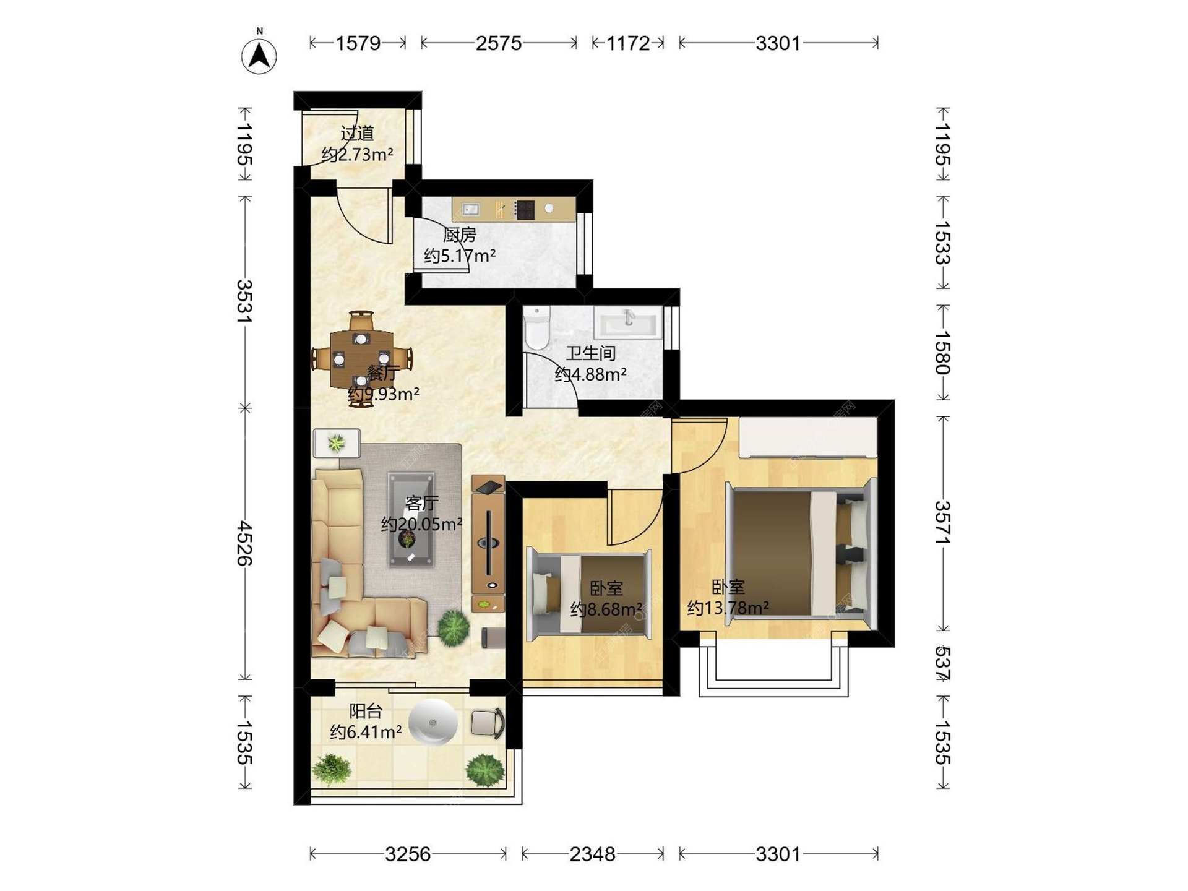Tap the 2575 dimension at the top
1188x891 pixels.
tap(499, 43)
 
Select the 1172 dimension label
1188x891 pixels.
tap(627, 43)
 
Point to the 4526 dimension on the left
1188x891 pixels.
tap(245, 543)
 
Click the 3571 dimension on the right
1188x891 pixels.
tap(942, 523)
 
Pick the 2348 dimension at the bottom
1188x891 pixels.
tap(592, 854)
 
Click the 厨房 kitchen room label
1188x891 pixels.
tap(460, 235)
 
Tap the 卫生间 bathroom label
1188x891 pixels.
tap(591, 353)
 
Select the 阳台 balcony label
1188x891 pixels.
tap(366, 711)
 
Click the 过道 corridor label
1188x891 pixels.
tap(358, 133)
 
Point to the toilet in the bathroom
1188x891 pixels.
tap(536, 328)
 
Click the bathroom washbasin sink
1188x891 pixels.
tap(628, 322)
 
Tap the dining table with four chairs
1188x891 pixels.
tap(361, 359)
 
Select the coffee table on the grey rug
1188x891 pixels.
tap(410, 519)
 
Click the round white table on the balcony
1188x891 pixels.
tap(433, 722)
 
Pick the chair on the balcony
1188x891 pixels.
tap(488, 723)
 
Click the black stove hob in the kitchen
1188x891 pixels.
tap(525, 210)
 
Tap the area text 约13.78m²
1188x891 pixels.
tap(728, 608)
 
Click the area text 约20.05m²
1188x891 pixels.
tap(422, 524)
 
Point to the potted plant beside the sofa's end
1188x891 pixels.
tap(454, 628)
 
